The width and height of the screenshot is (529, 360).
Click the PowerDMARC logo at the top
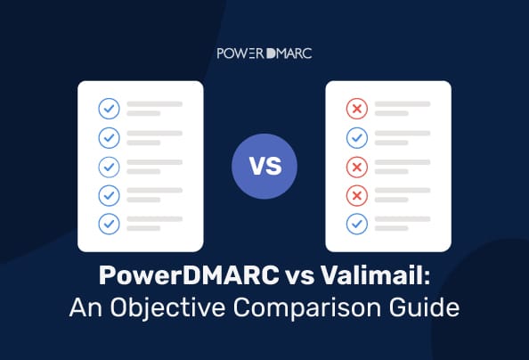point(264,53)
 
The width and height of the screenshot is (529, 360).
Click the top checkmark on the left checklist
point(109,109)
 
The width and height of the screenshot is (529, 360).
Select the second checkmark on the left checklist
point(109,138)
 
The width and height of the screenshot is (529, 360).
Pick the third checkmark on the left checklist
point(109,167)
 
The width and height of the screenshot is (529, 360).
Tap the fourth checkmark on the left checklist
point(109,195)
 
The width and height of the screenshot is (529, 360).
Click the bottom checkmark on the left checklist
point(109,223)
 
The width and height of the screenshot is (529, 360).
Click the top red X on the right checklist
point(355,109)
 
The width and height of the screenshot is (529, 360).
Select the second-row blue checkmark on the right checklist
point(355,138)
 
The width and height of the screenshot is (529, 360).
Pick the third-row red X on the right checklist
point(355,167)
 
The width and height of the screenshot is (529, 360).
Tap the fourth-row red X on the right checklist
point(355,195)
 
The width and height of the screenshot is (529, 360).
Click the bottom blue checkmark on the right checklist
point(355,223)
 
